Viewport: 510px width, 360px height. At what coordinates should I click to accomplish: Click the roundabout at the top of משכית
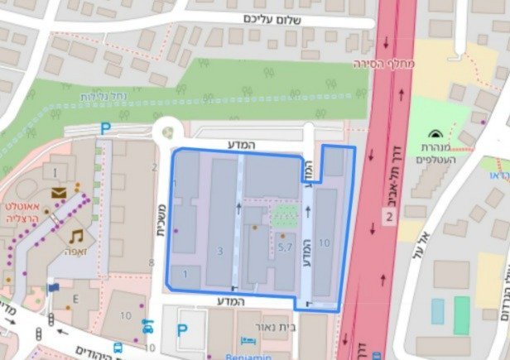pyautogui.click(x=168, y=131)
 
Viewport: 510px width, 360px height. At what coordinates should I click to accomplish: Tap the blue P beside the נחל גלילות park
pyautogui.click(x=104, y=128)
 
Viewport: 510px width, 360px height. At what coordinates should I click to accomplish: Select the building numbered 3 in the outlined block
pyautogui.click(x=219, y=250)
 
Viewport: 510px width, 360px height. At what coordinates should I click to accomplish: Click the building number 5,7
pyautogui.click(x=286, y=246)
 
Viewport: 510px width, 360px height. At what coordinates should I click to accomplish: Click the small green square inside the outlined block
pyautogui.click(x=285, y=217)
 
